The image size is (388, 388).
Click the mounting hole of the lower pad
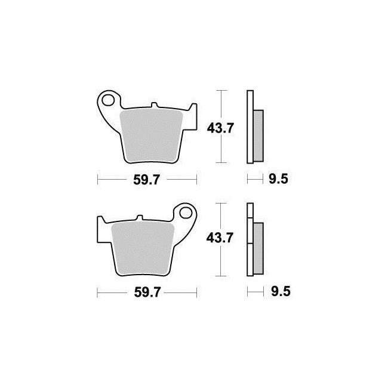186,213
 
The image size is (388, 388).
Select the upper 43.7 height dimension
220,128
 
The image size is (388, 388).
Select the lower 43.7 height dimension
220,238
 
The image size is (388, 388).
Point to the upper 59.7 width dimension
147,180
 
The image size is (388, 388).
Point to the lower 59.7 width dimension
147,292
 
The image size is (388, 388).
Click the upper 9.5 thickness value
279,179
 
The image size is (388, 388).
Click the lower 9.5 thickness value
281,291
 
